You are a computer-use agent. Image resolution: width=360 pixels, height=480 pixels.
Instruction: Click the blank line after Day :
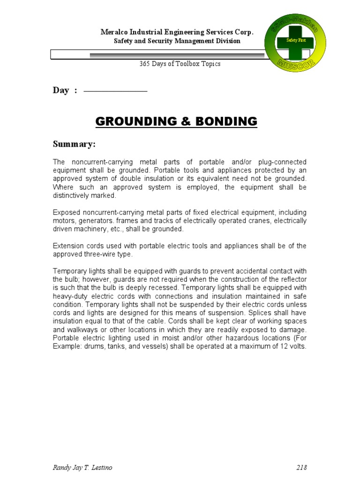click(115, 91)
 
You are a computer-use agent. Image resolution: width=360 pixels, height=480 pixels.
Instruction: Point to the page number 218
click(301, 467)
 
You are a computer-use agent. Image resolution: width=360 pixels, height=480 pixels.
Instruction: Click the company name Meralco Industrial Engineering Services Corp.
click(177, 32)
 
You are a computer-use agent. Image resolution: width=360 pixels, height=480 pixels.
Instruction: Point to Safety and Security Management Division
click(177, 41)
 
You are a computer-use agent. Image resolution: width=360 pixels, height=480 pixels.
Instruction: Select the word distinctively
click(74, 195)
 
